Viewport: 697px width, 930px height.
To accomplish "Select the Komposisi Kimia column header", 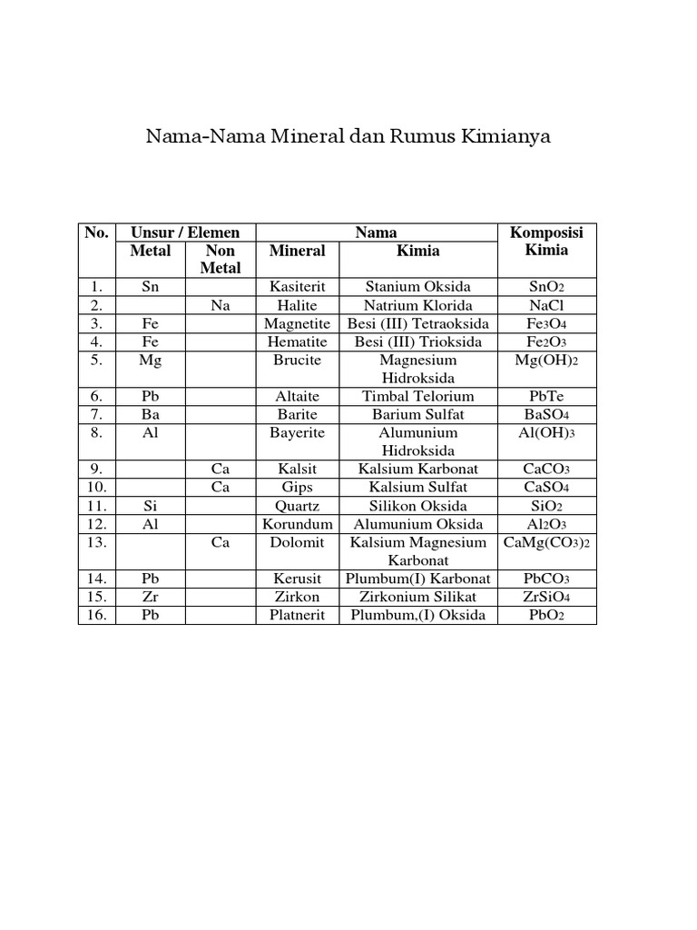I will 547,241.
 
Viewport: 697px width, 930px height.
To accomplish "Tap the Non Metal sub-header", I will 221,259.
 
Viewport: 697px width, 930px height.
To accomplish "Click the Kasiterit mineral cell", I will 297,287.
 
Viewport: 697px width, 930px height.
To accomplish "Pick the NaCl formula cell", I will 547,305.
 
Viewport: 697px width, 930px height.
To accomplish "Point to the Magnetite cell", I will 297,323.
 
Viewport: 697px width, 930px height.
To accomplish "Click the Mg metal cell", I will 151,360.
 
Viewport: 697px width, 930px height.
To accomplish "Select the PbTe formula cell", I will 547,396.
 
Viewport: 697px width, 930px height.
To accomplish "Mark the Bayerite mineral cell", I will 297,432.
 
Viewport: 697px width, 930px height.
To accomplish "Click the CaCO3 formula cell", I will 547,469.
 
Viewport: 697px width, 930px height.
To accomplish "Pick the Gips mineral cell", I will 297,487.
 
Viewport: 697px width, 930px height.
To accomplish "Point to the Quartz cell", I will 297,505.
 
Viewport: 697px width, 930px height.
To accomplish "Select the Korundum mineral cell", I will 297,524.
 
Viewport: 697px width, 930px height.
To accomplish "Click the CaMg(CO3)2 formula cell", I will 547,542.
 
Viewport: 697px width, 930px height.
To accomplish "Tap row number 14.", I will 97,579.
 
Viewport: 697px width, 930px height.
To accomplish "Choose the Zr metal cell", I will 151,597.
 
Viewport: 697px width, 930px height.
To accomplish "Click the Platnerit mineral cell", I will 297,615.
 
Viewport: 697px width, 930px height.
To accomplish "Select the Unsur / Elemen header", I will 185,232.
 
